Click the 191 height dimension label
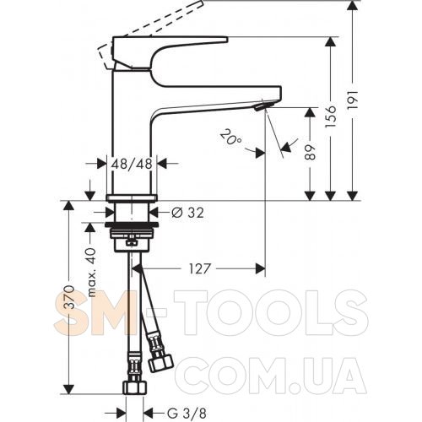tap(354, 100)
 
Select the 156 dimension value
tap(331, 116)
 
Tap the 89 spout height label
tap(310, 153)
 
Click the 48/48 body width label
tap(132, 164)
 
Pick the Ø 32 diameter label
tap(187, 213)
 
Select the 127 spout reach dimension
tap(199, 268)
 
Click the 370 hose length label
tap(68, 297)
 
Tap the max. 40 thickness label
tap(92, 273)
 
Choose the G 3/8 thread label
tap(187, 414)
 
